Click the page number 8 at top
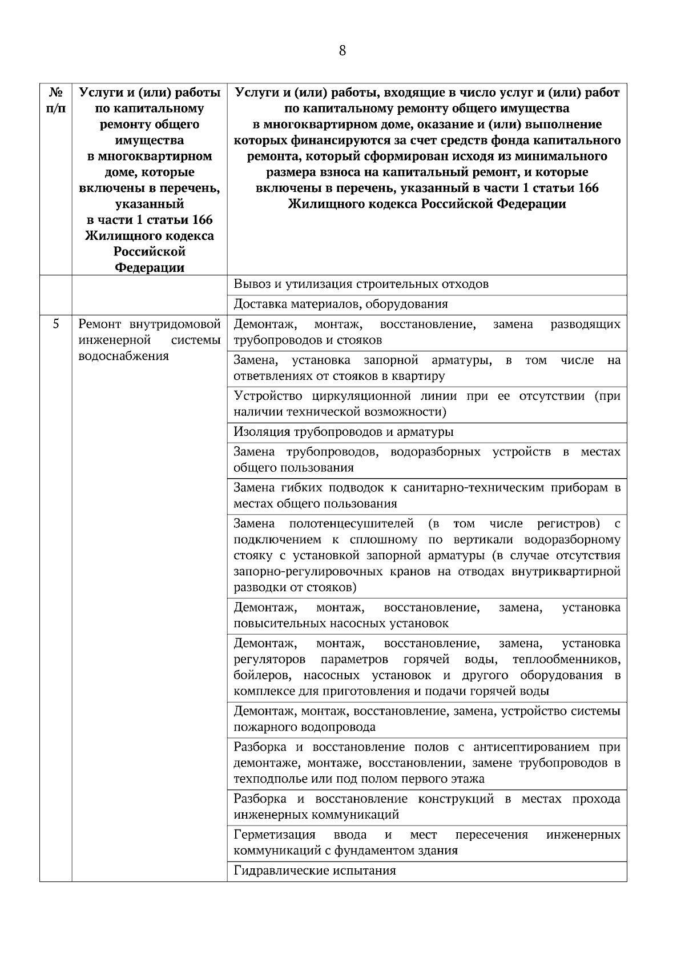click(x=342, y=51)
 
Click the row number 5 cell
click(x=55, y=324)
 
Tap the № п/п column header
click(x=55, y=100)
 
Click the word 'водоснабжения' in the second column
click(x=123, y=356)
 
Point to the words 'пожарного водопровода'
click(x=305, y=727)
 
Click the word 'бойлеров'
click(x=263, y=676)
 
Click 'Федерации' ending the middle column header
click(x=150, y=268)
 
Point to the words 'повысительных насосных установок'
click(x=341, y=623)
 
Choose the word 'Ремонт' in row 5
click(x=99, y=324)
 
